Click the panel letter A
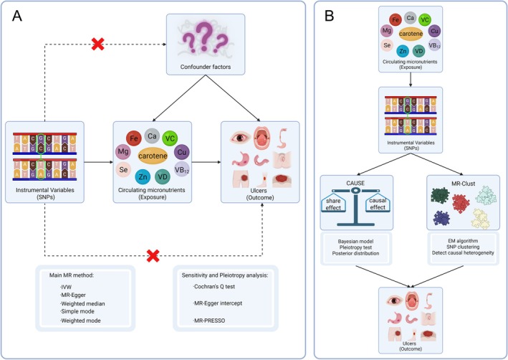pyautogui.click(x=17, y=16)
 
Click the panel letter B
pyautogui.click(x=329, y=16)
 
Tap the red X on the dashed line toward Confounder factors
pyautogui.click(x=97, y=44)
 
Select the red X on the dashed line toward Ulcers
pyautogui.click(x=153, y=255)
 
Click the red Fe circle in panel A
pyautogui.click(x=134, y=139)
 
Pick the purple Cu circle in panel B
pyautogui.click(x=434, y=31)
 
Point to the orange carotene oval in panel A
pyautogui.click(x=153, y=156)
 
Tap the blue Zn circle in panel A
pyautogui.click(x=143, y=176)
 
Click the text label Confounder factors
pyautogui.click(x=206, y=67)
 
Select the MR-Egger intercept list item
pyautogui.click(x=217, y=303)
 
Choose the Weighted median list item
pyautogui.click(x=82, y=304)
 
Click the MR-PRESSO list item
pyautogui.click(x=209, y=321)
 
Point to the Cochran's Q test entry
pyautogui.click(x=214, y=287)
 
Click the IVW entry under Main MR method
pyautogui.click(x=66, y=287)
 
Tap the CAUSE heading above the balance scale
pyautogui.click(x=355, y=184)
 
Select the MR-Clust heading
pyautogui.click(x=464, y=184)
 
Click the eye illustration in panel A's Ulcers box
pyautogui.click(x=241, y=138)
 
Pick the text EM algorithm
pyautogui.click(x=463, y=241)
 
